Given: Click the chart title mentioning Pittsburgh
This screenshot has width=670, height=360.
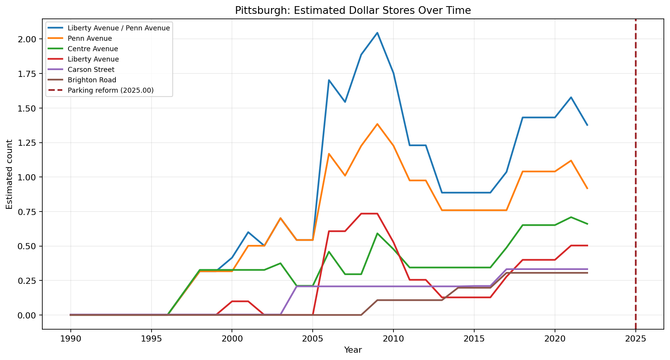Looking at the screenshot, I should click(353, 10).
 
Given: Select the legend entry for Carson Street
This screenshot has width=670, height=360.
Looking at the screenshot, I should click(91, 70).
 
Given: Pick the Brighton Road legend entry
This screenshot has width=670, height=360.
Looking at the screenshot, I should click(92, 80).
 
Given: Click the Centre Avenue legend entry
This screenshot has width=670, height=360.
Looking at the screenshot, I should click(92, 49).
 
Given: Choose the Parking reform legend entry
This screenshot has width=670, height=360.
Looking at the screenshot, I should click(110, 90).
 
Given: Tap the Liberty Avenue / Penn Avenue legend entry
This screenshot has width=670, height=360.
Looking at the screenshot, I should click(118, 28).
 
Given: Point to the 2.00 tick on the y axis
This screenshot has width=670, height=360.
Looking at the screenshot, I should click(28, 39).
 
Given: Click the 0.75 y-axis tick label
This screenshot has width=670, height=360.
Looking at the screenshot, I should click(28, 212).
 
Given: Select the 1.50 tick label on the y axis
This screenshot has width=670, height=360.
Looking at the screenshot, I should click(28, 108).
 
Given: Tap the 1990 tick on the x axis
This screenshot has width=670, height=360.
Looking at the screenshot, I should click(70, 338).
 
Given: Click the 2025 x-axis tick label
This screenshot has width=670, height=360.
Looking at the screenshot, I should click(635, 338).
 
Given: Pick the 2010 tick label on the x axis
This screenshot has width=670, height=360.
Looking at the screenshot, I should click(393, 338).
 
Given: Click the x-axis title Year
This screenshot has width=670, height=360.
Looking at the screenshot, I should click(353, 350).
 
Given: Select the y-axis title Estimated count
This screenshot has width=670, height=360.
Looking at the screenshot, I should click(10, 174).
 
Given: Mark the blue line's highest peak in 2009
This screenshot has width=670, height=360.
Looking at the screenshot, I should click(377, 33).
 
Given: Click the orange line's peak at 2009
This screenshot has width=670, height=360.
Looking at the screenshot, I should click(377, 124).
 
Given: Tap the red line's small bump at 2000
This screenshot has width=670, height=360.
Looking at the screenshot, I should click(232, 301).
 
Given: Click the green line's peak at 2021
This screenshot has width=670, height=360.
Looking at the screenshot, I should click(571, 217).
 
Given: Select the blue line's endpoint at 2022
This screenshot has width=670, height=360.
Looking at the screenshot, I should click(587, 125).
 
